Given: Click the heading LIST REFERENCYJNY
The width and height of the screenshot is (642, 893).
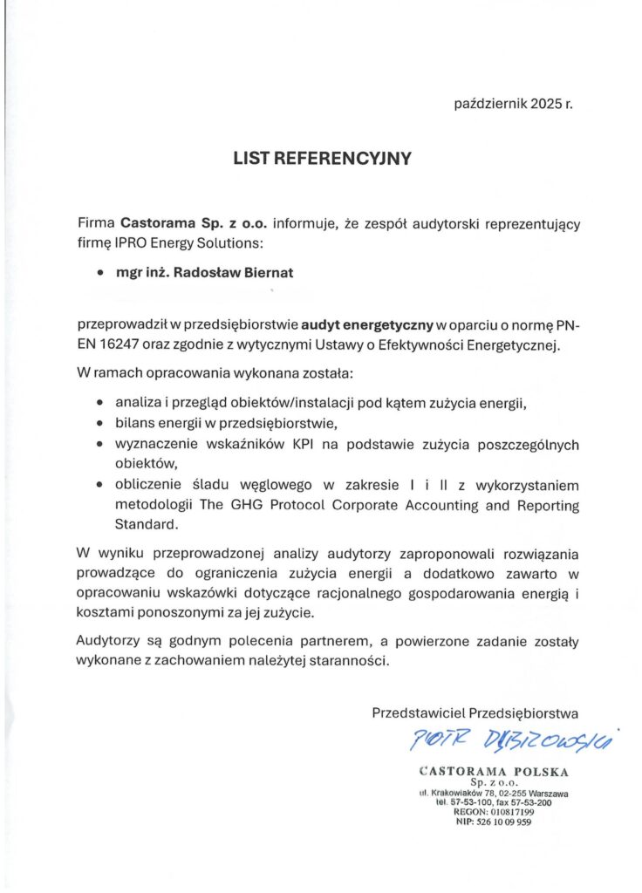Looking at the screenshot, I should tap(321, 159).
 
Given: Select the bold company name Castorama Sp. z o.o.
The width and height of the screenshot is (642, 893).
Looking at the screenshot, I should tap(198, 223).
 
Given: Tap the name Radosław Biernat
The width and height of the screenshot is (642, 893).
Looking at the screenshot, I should tap(234, 272).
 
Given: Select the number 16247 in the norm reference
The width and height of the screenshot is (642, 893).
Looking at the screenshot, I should tap(123, 344).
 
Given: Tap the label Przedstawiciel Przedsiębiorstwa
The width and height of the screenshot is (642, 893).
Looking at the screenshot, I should tap(475, 712).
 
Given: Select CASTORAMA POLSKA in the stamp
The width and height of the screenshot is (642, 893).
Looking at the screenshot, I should tap(494, 772).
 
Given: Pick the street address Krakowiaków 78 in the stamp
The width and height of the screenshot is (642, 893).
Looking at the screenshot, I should tap(468, 793).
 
